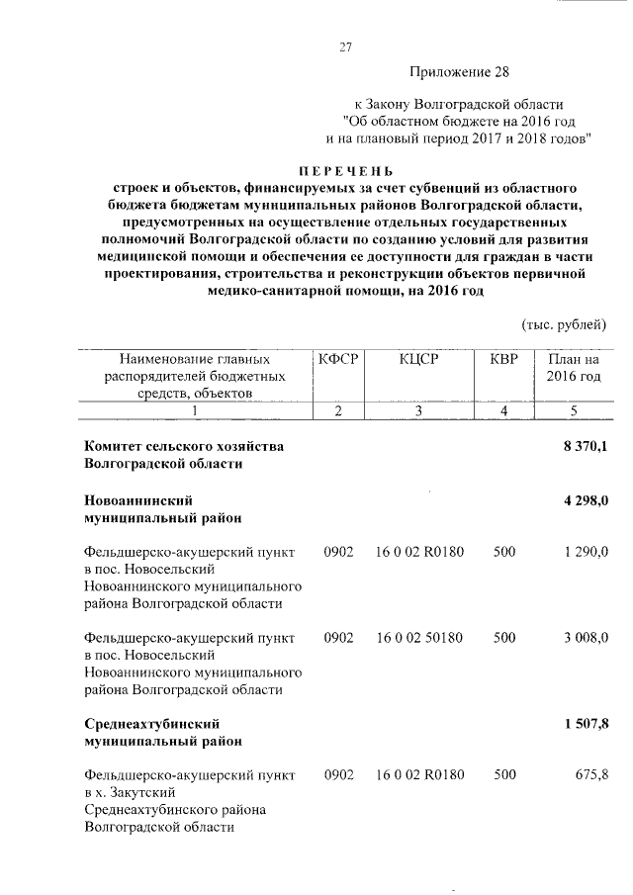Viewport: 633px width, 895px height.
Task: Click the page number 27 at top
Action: coord(346,46)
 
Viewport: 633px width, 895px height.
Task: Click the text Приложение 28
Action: coord(461,72)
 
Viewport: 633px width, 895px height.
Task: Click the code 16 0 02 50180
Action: coord(420,639)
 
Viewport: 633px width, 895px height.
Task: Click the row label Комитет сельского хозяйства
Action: coord(184,447)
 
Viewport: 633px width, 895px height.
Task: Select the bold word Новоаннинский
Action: coord(137,501)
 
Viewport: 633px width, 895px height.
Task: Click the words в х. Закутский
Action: coord(131,793)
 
